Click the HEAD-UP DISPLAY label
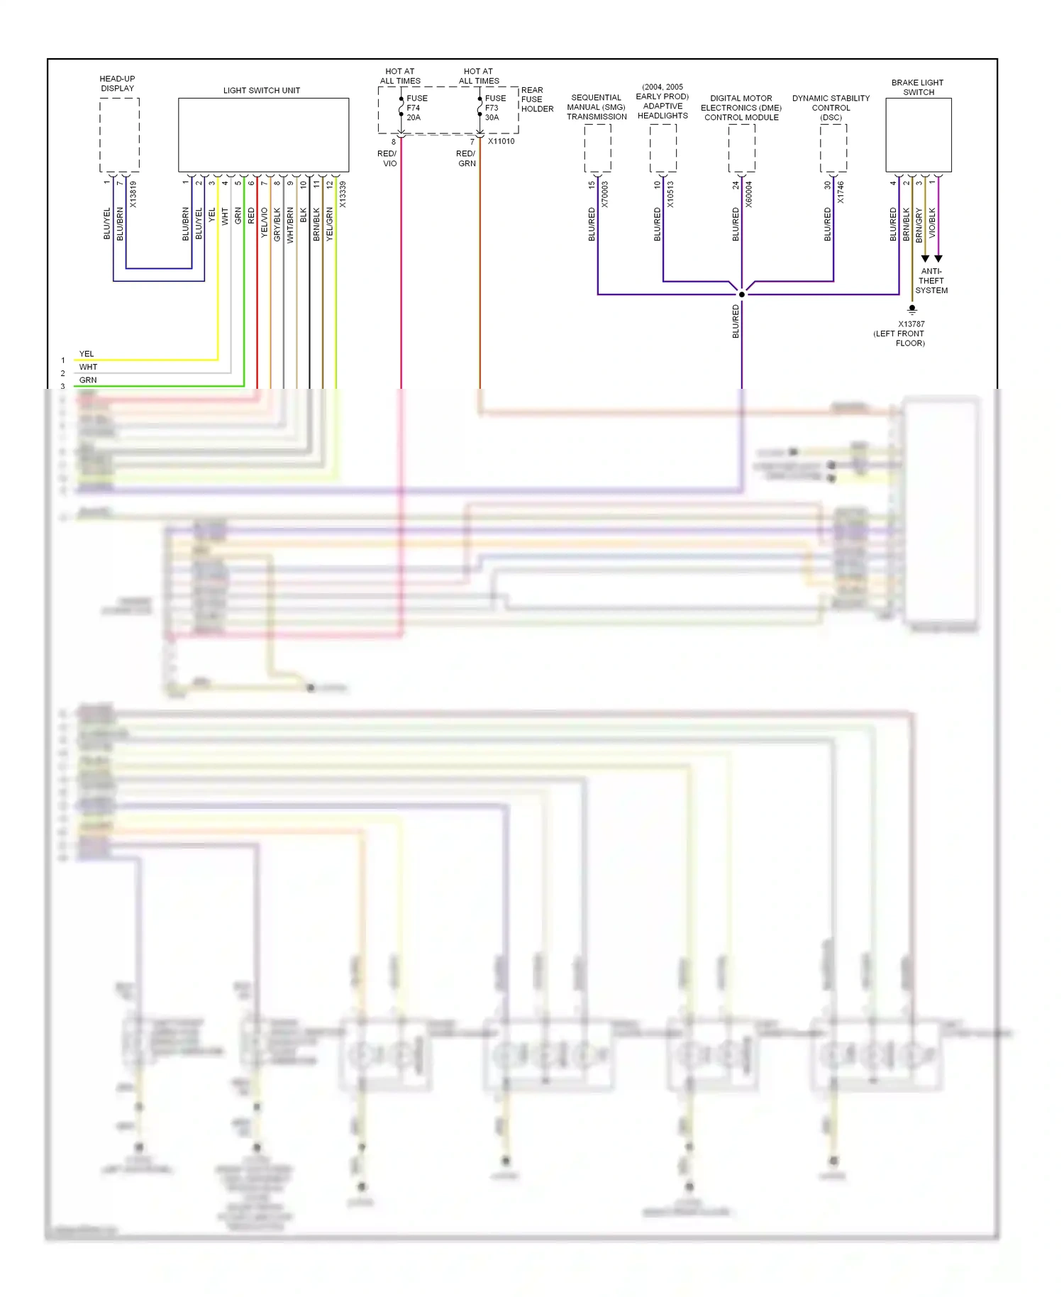click(x=117, y=84)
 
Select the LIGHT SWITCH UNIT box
click(x=263, y=135)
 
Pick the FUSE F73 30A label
click(x=495, y=108)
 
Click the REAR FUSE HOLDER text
click(x=537, y=99)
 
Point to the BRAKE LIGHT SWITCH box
click(x=918, y=135)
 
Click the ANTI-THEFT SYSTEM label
click(x=931, y=281)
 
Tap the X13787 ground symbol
click(x=912, y=309)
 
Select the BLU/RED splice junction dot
click(x=742, y=294)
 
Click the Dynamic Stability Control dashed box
click(x=833, y=148)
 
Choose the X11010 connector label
click(x=501, y=141)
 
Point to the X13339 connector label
click(x=343, y=194)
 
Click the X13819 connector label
click(x=133, y=194)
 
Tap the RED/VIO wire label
click(x=388, y=158)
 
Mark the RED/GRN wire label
click(x=466, y=158)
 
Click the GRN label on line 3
click(x=88, y=380)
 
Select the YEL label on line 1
click(x=87, y=354)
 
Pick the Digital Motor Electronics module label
click(x=741, y=108)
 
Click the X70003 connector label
click(x=605, y=194)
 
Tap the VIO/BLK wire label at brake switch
click(x=932, y=222)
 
